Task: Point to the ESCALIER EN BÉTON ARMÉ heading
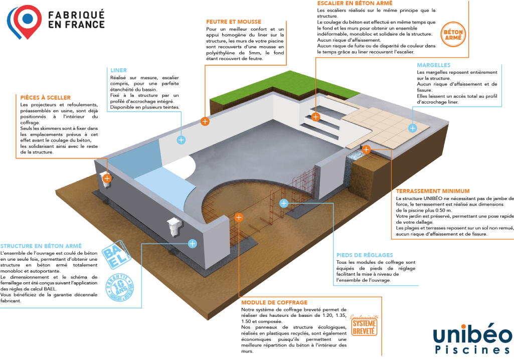coord(351,3)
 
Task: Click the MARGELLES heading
coord(434,65)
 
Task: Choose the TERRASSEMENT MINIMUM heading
coord(432,191)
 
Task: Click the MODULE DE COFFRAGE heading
coord(274,303)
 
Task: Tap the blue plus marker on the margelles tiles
coord(412,128)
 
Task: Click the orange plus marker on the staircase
coord(315,117)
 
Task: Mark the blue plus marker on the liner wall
coord(182,140)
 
